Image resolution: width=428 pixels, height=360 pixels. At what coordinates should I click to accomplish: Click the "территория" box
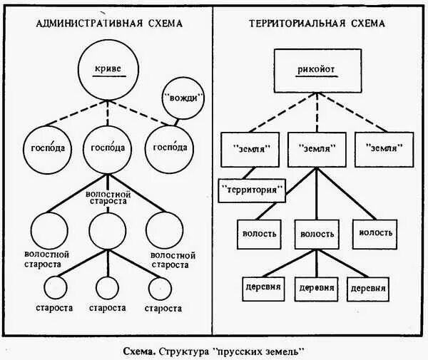click(252, 190)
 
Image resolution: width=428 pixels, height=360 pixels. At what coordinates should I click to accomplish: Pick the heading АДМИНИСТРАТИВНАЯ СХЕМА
click(109, 23)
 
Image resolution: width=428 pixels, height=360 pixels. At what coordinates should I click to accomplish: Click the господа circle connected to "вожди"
click(168, 148)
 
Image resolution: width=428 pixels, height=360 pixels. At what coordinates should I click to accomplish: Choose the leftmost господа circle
click(47, 148)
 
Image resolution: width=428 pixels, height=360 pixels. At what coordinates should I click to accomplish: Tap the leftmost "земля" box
click(252, 148)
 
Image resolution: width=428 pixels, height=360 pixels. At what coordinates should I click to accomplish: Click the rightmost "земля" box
click(384, 148)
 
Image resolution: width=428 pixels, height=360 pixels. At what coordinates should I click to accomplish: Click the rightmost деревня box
click(368, 288)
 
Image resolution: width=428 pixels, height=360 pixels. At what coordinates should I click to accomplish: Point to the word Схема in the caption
click(138, 351)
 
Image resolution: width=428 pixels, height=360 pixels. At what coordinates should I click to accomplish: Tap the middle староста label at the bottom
click(107, 308)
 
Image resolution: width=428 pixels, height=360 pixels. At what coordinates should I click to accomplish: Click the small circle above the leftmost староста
click(54, 287)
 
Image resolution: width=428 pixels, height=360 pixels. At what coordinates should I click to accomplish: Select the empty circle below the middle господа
click(107, 230)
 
